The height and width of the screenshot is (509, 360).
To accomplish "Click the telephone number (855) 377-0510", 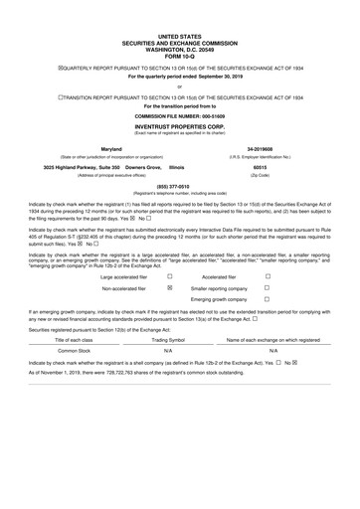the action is click(179, 184).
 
